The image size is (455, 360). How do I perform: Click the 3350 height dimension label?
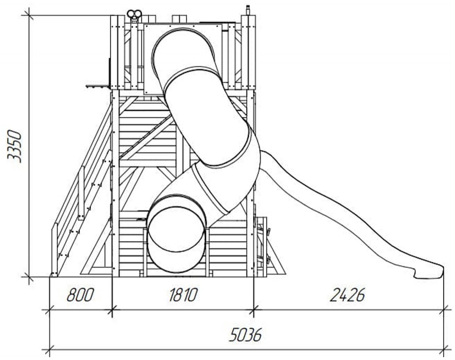tap(14, 146)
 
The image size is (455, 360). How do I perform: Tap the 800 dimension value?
tap(80, 295)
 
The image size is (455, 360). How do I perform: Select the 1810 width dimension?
tap(183, 295)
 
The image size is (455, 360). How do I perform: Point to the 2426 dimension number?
tap(347, 295)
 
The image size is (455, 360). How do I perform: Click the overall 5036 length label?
tap(246, 335)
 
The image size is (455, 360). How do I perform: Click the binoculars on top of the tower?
tap(134, 14)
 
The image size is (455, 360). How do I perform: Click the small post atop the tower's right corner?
tap(248, 10)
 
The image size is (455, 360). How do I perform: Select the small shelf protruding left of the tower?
tap(98, 86)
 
